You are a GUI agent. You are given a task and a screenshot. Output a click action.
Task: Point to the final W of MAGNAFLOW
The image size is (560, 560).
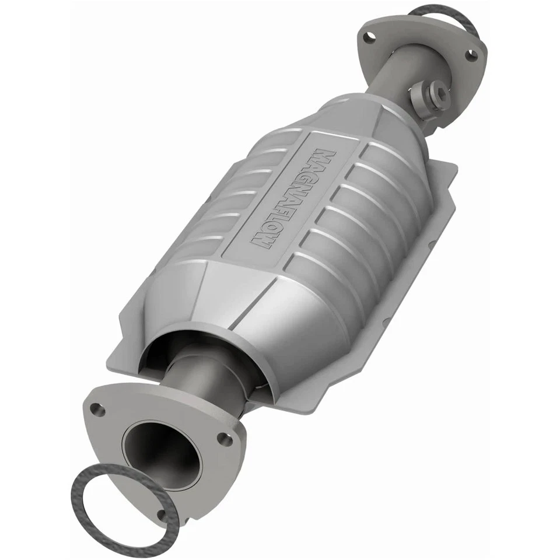261,240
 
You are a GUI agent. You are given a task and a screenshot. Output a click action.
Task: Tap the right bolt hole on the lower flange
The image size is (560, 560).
222,437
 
